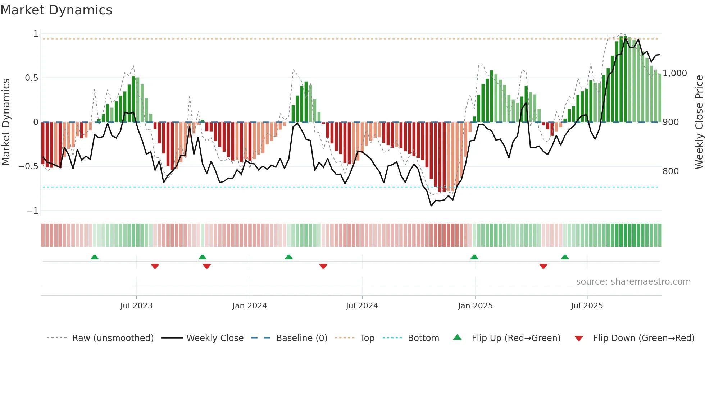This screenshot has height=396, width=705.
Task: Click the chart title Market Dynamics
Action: tap(56, 10)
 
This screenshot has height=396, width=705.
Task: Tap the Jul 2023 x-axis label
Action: tap(136, 306)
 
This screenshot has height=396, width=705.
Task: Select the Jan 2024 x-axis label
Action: tap(250, 306)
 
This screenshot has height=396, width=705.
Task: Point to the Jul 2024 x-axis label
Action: tap(362, 306)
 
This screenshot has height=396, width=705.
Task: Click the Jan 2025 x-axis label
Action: tap(475, 306)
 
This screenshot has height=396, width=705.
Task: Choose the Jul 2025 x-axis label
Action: tap(587, 306)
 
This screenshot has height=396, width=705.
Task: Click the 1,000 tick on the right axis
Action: tap(675, 73)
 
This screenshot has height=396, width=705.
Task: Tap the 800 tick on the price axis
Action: tap(670, 171)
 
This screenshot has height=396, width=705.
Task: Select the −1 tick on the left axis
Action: tap(32, 211)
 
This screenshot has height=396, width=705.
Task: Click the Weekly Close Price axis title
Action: tap(699, 122)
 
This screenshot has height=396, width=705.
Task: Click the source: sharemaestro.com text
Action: tap(633, 282)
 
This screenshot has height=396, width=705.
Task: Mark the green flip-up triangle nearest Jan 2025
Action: tap(474, 257)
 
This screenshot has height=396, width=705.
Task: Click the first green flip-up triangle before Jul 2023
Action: tap(95, 257)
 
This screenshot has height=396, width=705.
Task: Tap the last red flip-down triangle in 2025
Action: tap(543, 266)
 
